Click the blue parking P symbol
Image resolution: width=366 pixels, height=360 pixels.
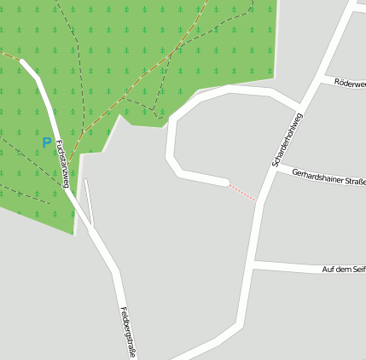[47, 142]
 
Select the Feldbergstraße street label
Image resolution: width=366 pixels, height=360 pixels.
[128, 332]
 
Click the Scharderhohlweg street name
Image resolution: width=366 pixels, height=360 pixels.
[288, 139]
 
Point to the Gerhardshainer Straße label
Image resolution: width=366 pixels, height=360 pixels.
[328, 177]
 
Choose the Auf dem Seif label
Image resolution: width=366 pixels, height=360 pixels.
[343, 270]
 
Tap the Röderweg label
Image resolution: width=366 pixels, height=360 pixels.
[350, 84]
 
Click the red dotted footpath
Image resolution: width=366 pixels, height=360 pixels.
[243, 192]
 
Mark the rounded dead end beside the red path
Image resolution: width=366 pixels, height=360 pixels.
[224, 182]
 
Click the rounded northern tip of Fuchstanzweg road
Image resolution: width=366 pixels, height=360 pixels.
[23, 63]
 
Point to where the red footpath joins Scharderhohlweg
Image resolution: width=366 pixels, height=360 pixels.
[259, 202]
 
